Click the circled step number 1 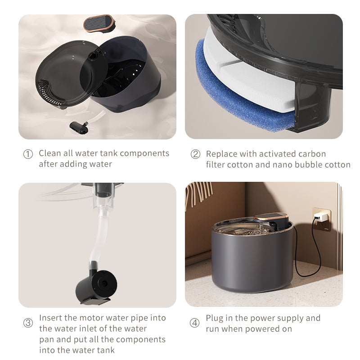[28, 154]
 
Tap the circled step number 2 [195, 154]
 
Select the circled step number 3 [28, 323]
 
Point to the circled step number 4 [194, 323]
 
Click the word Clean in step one [50, 153]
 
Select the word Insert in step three [50, 318]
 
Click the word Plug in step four [214, 318]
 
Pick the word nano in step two [283, 165]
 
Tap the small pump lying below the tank [81, 126]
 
